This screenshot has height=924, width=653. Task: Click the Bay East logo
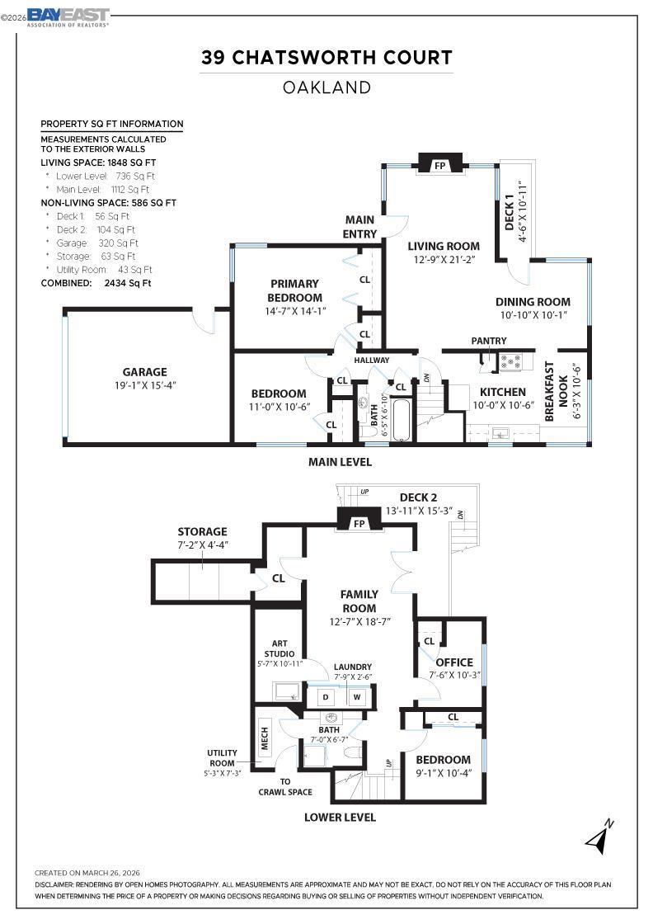pyautogui.click(x=68, y=16)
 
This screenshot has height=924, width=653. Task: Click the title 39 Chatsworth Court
pyautogui.click(x=326, y=57)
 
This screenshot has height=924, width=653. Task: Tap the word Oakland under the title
pyautogui.click(x=326, y=87)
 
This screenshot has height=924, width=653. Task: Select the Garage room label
pyautogui.click(x=145, y=372)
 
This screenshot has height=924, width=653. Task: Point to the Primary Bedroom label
pyautogui.click(x=294, y=290)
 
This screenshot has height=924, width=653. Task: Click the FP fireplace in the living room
pyautogui.click(x=440, y=166)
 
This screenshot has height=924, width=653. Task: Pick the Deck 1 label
pyautogui.click(x=510, y=212)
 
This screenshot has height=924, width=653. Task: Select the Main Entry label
pyautogui.click(x=359, y=227)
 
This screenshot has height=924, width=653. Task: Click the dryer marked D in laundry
pyautogui.click(x=325, y=696)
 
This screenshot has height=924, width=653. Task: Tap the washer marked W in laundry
pyautogui.click(x=357, y=696)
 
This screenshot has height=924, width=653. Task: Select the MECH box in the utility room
pyautogui.click(x=265, y=739)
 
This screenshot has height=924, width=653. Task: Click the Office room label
pyautogui.click(x=454, y=662)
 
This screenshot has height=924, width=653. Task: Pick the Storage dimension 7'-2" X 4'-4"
pyautogui.click(x=202, y=545)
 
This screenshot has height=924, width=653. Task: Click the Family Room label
pyautogui.click(x=359, y=601)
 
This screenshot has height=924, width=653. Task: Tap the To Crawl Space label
pyautogui.click(x=284, y=787)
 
